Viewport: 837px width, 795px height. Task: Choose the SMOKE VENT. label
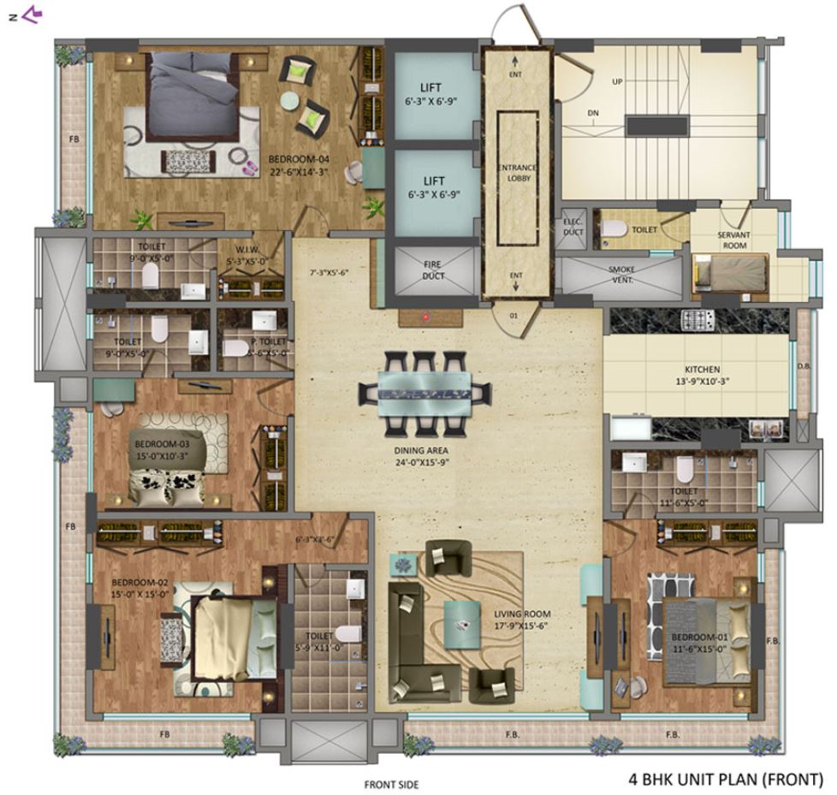[x=621, y=274]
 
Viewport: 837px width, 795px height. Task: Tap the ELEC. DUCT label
[x=573, y=227]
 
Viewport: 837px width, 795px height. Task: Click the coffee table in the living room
[x=461, y=616]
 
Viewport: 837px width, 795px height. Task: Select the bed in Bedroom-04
[x=193, y=98]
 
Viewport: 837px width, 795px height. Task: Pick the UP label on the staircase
[x=616, y=82]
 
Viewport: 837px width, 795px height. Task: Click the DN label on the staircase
[x=593, y=112]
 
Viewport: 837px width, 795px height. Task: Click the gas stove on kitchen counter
[x=692, y=321]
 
